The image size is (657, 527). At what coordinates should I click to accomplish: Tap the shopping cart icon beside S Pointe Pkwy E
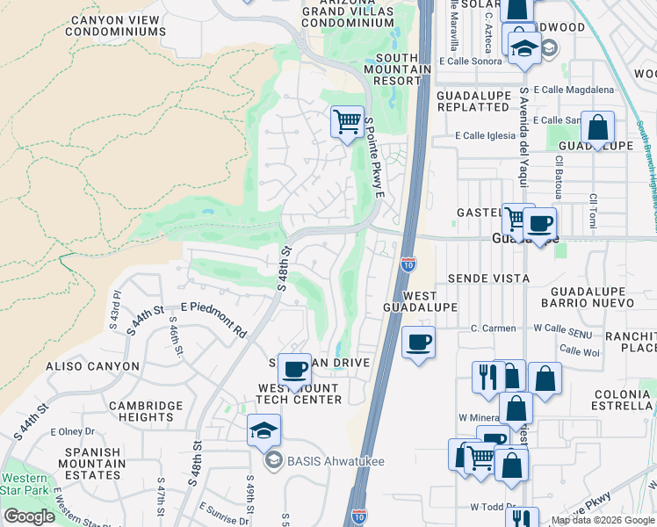pos(347,121)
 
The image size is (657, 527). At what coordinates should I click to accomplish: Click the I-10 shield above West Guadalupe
pos(408,263)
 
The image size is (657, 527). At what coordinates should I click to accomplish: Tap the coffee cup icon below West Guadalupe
pos(419,342)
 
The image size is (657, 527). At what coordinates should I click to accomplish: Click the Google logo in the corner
pos(29,516)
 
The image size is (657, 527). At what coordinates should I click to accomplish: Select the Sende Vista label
pos(488,278)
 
